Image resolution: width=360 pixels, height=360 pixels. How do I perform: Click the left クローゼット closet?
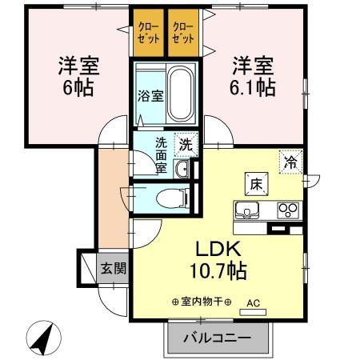(x=147, y=33)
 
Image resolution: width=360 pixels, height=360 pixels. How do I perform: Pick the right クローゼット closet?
(x=184, y=33)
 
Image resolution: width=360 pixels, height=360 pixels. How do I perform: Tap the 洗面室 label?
(x=161, y=155)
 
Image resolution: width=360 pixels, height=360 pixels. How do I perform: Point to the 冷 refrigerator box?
(x=290, y=162)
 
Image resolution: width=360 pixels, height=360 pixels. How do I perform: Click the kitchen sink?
(x=247, y=211)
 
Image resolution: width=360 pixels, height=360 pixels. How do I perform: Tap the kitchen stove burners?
(x=286, y=211)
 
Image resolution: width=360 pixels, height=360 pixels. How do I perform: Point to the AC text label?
(x=254, y=303)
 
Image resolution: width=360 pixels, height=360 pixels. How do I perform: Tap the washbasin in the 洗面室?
(x=181, y=168)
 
